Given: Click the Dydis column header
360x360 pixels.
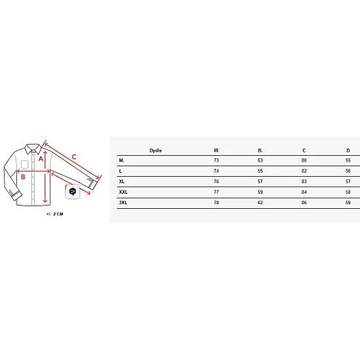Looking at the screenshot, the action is [x=155, y=151].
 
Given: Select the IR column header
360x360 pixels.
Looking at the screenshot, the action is [x=216, y=151].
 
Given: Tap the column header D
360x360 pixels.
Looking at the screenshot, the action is [x=348, y=151].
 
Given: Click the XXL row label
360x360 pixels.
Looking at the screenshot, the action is [x=123, y=192].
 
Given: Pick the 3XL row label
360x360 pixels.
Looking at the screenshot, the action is [x=123, y=202].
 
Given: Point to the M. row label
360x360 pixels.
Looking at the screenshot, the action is [x=122, y=160].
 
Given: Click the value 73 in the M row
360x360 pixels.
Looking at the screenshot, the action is [x=216, y=160].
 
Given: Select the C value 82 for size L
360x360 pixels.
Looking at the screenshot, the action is [x=304, y=171].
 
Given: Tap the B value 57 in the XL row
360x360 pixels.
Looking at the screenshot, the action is [x=260, y=181].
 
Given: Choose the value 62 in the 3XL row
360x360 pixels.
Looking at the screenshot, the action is [x=260, y=202].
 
